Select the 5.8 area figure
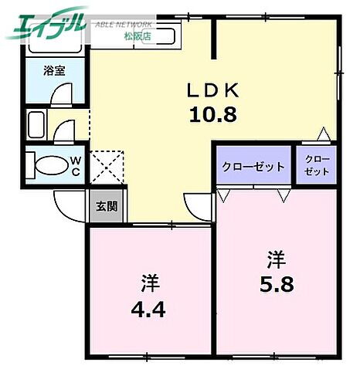pyautogui.click(x=277, y=283)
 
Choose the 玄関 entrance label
pyautogui.click(x=107, y=206)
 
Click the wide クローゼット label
pyautogui.click(x=253, y=166)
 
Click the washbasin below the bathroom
pyautogui.click(x=36, y=124)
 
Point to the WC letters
pyautogui.click(x=78, y=165)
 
